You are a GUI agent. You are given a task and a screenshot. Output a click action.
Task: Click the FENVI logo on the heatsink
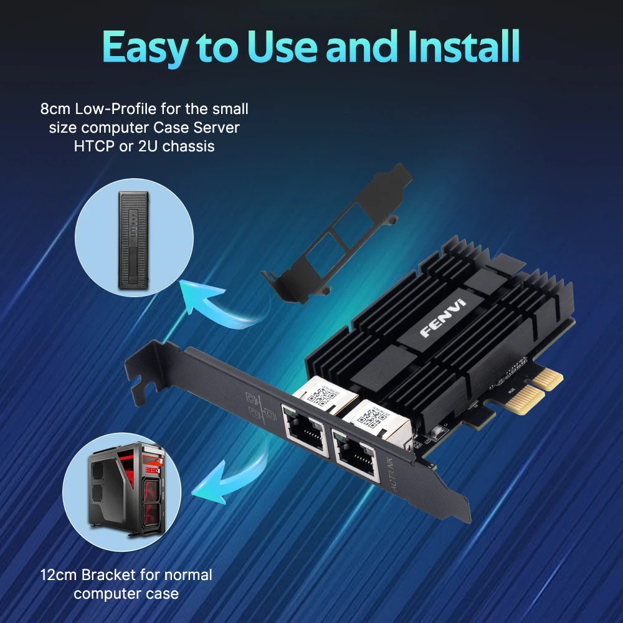click(443, 318)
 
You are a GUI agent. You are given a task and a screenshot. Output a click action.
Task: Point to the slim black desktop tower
click(133, 240)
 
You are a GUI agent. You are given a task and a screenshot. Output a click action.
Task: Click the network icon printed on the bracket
click(255, 406)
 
